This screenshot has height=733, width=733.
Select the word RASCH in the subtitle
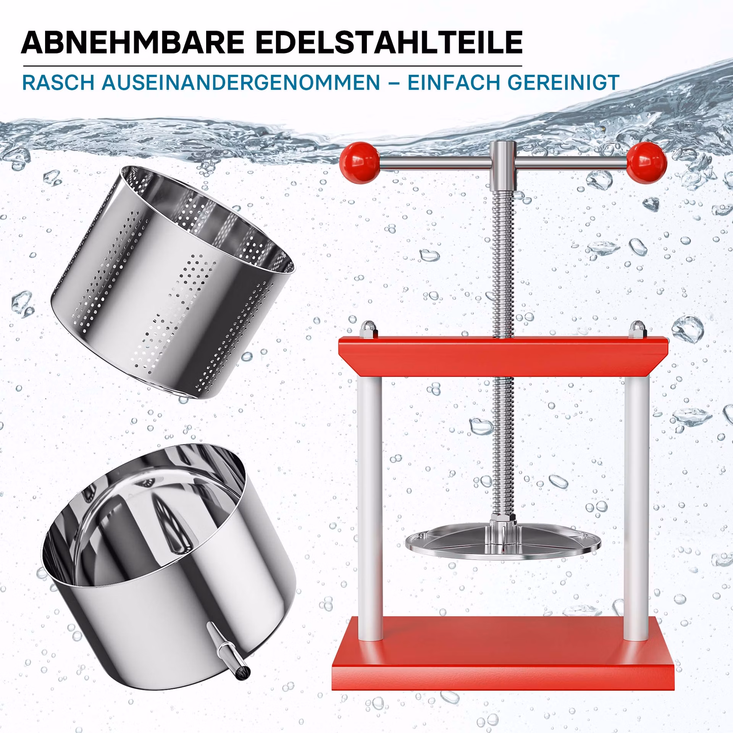click(58, 82)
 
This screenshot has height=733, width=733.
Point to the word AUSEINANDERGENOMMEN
click(241, 82)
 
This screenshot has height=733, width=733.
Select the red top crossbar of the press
click(503, 357)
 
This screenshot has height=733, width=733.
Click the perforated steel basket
click(173, 283)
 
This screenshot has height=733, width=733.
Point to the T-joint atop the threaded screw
click(503, 160)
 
